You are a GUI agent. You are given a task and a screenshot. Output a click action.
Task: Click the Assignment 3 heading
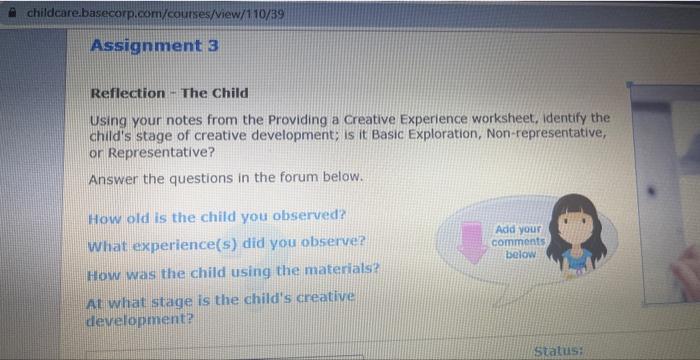click(154, 46)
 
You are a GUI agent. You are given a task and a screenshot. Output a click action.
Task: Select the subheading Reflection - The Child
click(169, 93)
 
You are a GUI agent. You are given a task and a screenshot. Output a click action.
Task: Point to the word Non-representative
click(542, 134)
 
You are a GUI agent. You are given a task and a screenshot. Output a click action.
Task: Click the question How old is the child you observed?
click(216, 216)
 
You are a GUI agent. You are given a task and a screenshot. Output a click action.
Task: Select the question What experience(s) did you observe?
click(225, 242)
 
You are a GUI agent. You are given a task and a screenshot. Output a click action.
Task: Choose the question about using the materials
click(232, 269)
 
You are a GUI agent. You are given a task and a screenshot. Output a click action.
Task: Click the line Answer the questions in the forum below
click(225, 179)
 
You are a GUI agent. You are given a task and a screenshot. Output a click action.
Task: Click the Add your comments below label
click(519, 242)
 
